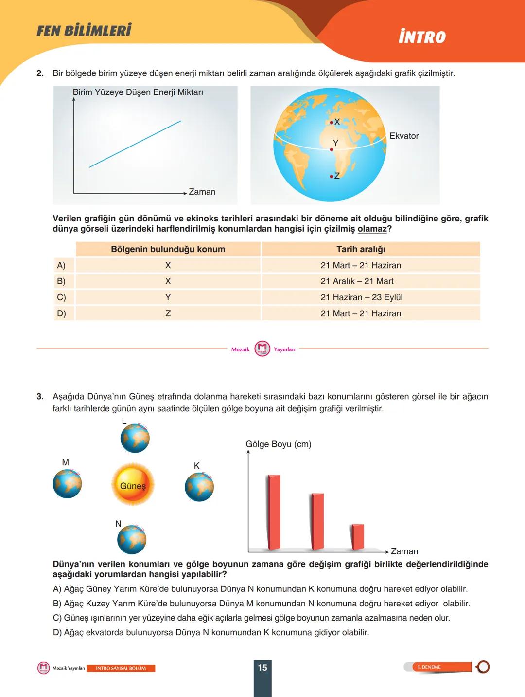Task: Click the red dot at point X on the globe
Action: pos(332,123)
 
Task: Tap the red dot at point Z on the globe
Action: pos(332,176)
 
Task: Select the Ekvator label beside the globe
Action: pos(403,136)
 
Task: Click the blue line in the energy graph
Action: pos(135,144)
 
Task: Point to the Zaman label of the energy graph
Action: pos(202,192)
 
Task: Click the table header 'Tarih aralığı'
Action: pos(361,249)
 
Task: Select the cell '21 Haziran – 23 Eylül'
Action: pos(361,297)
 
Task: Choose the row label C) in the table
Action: pos(61,297)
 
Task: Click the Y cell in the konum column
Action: pos(168,297)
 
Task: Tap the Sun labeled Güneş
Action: pos(133,485)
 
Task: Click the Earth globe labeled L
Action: pos(135,438)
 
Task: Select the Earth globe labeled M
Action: pos(67,484)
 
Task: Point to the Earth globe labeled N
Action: pos(132,539)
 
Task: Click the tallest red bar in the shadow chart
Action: pos(274,512)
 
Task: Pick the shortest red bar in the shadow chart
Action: pos(358,537)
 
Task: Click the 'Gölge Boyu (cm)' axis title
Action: pos(279,444)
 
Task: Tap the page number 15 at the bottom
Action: pos(262,668)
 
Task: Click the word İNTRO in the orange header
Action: pos(422,37)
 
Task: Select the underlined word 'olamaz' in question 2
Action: pos(372,229)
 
